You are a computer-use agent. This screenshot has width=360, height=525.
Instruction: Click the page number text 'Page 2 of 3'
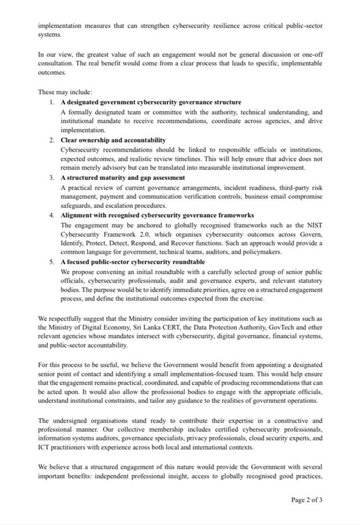pyautogui.click(x=307, y=499)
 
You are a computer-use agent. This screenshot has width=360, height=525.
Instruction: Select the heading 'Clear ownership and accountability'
pyautogui.click(x=113, y=140)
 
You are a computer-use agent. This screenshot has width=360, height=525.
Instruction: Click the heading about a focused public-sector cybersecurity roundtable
pyautogui.click(x=133, y=262)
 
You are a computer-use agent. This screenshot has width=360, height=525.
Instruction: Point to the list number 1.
pyautogui.click(x=53, y=102)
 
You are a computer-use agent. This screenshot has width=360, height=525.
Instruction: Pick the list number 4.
pyautogui.click(x=53, y=215)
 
